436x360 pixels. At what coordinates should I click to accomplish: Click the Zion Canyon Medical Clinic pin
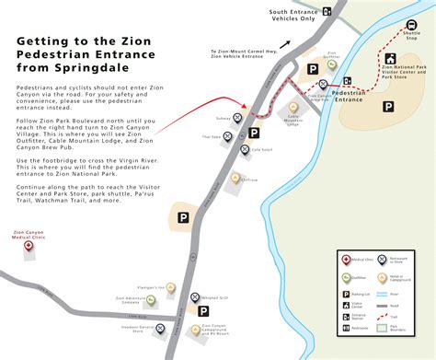pyautogui.click(x=28, y=246)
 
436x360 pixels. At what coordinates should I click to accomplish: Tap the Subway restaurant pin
pyautogui.click(x=239, y=119)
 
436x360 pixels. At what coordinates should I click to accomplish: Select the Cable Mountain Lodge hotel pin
pyautogui.click(x=293, y=105)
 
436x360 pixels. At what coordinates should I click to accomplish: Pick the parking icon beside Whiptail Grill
pyautogui.click(x=195, y=297)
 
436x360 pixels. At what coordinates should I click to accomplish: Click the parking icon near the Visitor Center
pyautogui.click(x=388, y=107)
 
